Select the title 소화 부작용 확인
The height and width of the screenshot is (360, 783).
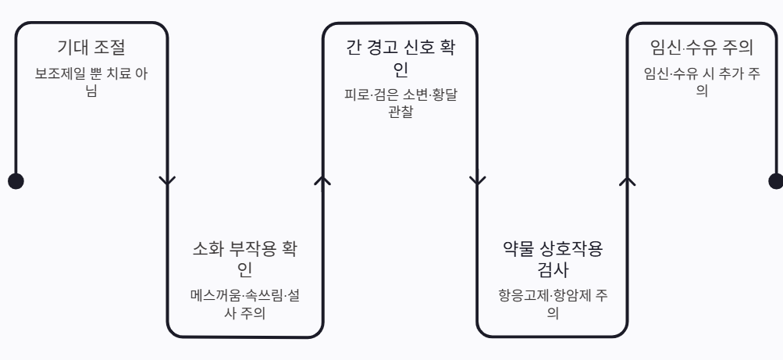(245, 259)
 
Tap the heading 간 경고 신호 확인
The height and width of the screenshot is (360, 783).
(400, 58)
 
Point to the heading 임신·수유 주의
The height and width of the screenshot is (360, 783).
(701, 48)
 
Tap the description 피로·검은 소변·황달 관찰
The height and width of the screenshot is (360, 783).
(400, 102)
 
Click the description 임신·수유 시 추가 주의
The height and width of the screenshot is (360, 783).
(701, 81)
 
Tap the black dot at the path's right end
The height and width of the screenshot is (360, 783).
(776, 180)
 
